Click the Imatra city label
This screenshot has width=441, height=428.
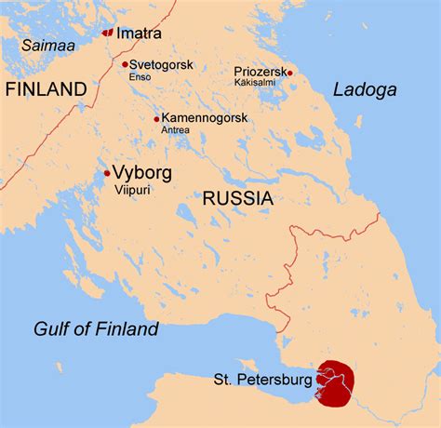click(139, 33)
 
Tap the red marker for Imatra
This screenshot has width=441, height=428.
click(107, 33)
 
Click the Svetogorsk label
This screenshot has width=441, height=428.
click(161, 64)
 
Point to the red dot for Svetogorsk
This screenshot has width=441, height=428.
click(125, 64)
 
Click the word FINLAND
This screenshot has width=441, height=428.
click(46, 89)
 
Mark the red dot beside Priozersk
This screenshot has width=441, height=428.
click(290, 72)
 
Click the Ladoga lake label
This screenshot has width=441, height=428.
click(365, 90)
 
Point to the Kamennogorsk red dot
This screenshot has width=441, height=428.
click(156, 118)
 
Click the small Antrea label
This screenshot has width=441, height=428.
click(175, 130)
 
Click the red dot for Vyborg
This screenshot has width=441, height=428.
click(107, 172)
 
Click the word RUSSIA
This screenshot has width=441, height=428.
click(237, 198)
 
